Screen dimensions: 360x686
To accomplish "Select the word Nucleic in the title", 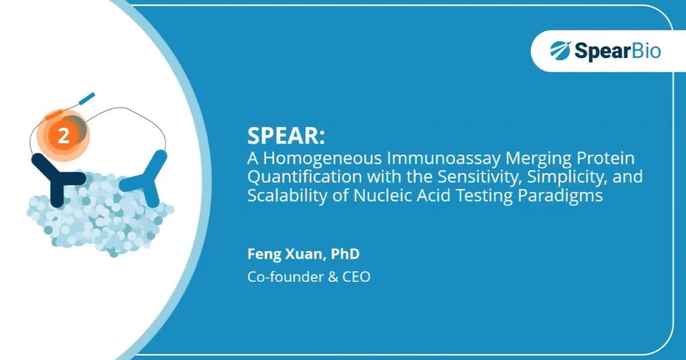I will pyautogui.click(x=377, y=195).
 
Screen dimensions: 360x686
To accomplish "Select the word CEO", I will pyautogui.click(x=356, y=277).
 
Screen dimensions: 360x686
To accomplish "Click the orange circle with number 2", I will pyautogui.click(x=64, y=135).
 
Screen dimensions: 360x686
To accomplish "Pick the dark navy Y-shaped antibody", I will pyautogui.click(x=55, y=179).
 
